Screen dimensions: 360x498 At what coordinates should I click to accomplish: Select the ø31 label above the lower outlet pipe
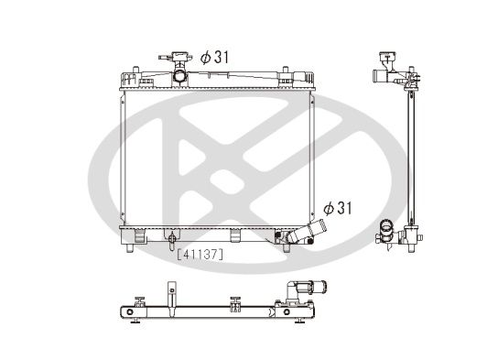(337, 208)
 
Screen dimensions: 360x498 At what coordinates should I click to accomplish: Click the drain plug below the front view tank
(171, 242)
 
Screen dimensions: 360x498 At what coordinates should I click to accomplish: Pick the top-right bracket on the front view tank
(284, 71)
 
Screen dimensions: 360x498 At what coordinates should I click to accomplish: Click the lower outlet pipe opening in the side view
(384, 225)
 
